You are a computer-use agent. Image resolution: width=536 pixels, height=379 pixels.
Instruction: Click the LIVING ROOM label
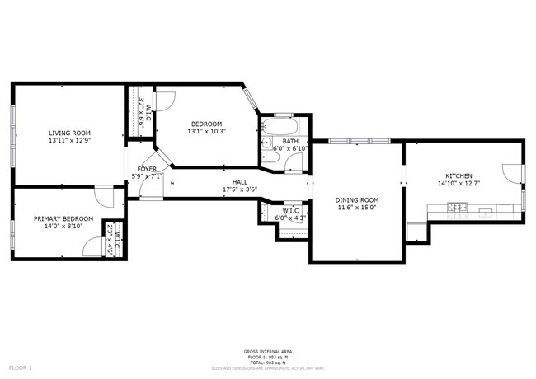click(69, 133)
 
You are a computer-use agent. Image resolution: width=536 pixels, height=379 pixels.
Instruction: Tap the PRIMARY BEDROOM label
click(63, 218)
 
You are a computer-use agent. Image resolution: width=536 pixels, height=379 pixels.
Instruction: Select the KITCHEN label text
click(458, 176)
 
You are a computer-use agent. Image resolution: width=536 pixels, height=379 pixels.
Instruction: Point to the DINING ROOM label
click(356, 200)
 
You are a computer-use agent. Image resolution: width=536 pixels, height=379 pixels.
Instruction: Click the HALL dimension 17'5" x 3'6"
click(240, 189)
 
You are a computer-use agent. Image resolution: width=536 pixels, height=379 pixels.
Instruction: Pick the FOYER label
click(146, 169)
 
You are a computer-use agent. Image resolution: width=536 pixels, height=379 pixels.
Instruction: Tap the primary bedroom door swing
click(105, 197)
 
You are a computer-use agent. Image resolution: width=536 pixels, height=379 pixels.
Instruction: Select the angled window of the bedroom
click(252, 101)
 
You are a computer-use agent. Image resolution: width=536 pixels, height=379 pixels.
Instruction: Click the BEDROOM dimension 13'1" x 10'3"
click(207, 131)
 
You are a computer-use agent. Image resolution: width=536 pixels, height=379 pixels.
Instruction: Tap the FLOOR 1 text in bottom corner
click(20, 367)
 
